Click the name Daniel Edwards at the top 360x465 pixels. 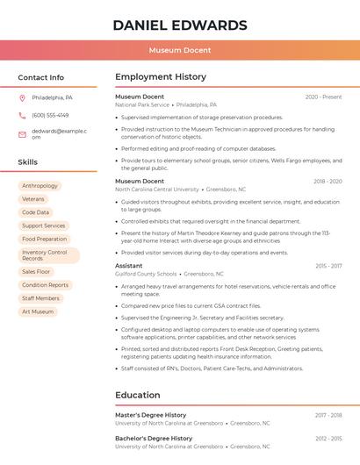[180, 25]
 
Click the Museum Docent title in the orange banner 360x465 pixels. [180, 50]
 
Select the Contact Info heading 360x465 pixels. [41, 77]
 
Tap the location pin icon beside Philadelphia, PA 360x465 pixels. [23, 97]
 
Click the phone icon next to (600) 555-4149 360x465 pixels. [23, 115]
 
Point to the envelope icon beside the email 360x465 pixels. [23, 134]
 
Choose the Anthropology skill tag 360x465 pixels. [40, 186]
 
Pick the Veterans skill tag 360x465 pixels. [33, 199]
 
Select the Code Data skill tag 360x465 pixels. [36, 212]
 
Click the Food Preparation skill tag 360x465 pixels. [45, 239]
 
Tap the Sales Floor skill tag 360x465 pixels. [37, 272]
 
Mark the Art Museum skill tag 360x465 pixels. [38, 311]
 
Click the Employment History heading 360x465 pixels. [161, 77]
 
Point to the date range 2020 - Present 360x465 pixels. [323, 97]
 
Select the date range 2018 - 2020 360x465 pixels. [328, 182]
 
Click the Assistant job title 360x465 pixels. [129, 266]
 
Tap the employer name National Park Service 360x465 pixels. [142, 104]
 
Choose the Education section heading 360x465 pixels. [138, 395]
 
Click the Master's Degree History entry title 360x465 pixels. [151, 415]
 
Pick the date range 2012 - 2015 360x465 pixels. [329, 438]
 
